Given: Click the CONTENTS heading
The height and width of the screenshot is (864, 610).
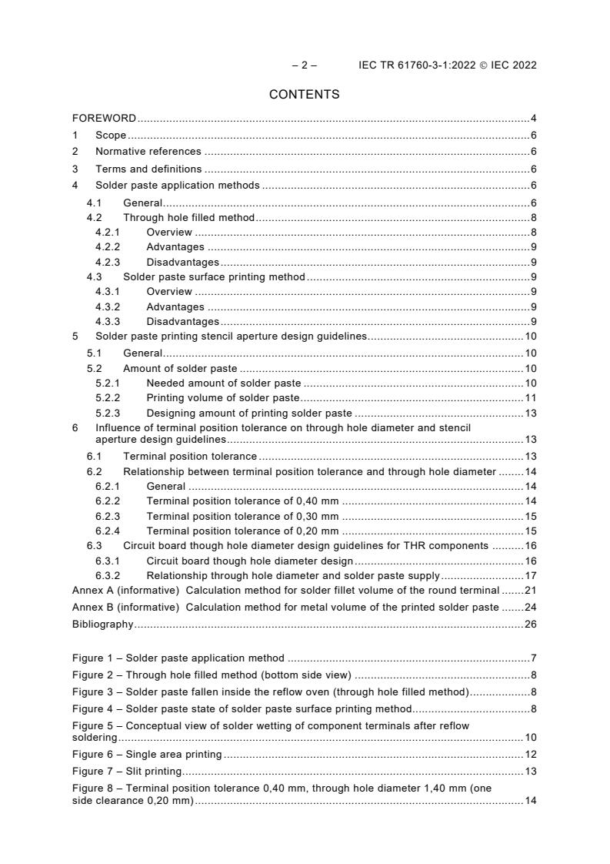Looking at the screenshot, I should coord(304,95).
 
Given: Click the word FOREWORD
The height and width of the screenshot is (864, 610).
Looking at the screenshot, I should coord(104,119).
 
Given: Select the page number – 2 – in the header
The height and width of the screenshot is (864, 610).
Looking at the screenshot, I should coord(304,65).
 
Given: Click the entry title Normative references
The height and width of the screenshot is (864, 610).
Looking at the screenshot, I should coord(148,152).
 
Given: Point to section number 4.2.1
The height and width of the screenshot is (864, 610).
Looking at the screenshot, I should coord(108,233).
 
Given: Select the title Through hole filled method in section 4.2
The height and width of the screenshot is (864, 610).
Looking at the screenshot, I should coord(188,218).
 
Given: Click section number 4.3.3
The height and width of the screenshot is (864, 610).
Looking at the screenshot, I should coord(108,321).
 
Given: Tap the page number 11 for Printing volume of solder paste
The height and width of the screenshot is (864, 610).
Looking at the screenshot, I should coord(530,398).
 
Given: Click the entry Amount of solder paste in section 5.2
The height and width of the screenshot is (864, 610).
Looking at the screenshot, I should coord(180,369).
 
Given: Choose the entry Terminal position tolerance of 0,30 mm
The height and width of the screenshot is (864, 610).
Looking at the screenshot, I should coord(242,516).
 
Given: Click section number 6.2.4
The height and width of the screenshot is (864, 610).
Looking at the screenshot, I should coord(108,531).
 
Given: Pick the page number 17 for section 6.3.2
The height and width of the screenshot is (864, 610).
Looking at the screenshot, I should coord(530,575).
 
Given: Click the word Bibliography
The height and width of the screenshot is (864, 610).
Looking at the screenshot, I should coord(102,624).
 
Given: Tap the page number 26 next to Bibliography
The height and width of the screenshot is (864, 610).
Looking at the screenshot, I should coord(530,624).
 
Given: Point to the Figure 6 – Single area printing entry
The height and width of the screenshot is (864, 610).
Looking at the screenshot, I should coord(147,754).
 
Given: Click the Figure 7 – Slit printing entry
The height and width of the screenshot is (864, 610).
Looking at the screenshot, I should coord(127,771).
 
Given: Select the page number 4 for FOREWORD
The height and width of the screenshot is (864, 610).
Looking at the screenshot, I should coord(533,119).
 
